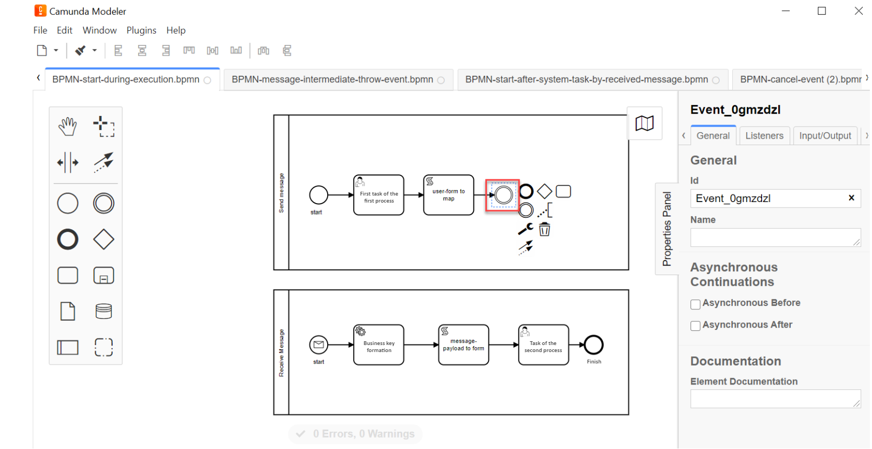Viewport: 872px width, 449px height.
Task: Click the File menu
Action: [x=40, y=30]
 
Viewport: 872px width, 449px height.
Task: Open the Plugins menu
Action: [x=141, y=30]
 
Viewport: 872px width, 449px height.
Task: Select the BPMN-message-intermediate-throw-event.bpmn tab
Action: [x=333, y=80]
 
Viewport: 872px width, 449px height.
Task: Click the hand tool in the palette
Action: [x=68, y=126]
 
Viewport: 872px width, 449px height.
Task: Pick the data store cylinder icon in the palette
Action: [x=103, y=311]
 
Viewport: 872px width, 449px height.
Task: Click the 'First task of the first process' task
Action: [x=379, y=195]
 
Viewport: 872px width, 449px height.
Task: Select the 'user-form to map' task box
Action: [x=448, y=195]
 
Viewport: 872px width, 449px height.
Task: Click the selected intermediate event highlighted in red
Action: [x=503, y=195]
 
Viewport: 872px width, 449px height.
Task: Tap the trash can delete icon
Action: [x=544, y=230]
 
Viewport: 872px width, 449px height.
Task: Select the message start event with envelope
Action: [x=318, y=344]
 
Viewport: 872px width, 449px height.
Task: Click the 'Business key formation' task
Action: [x=379, y=345]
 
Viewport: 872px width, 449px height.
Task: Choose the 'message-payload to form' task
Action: [x=463, y=345]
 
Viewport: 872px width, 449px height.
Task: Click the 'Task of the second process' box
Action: [x=543, y=345]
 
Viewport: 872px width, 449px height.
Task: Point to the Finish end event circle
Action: [x=594, y=344]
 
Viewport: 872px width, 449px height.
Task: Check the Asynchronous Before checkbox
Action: [x=695, y=304]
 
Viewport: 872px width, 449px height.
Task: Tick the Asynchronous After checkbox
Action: [x=695, y=326]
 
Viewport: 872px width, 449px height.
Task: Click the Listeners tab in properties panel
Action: [x=764, y=136]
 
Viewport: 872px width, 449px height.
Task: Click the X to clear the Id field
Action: [x=851, y=198]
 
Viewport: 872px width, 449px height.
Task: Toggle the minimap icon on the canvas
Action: [x=645, y=123]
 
